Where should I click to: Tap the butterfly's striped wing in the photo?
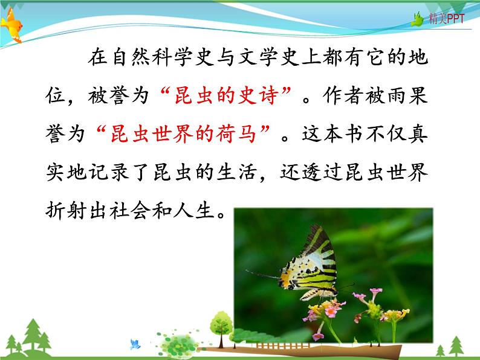tap(317, 260)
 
